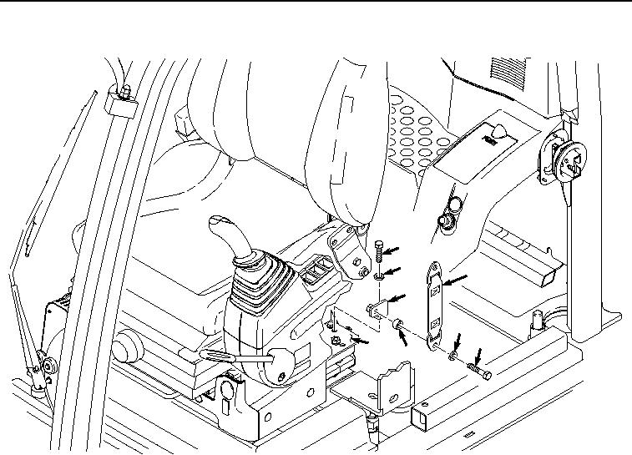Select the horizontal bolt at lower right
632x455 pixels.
tap(481, 368)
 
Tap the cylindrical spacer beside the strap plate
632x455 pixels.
tap(398, 323)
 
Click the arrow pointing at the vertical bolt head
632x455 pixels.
tap(398, 247)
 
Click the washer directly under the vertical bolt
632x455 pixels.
tap(379, 272)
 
